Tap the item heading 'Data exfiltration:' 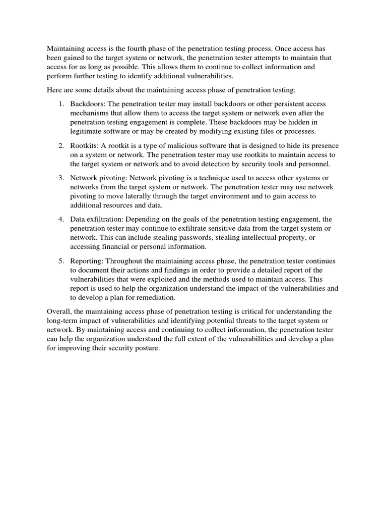pyautogui.click(x=97, y=220)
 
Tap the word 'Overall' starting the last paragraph pyautogui.click(x=59, y=312)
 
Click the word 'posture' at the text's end pyautogui.click(x=146, y=348)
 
